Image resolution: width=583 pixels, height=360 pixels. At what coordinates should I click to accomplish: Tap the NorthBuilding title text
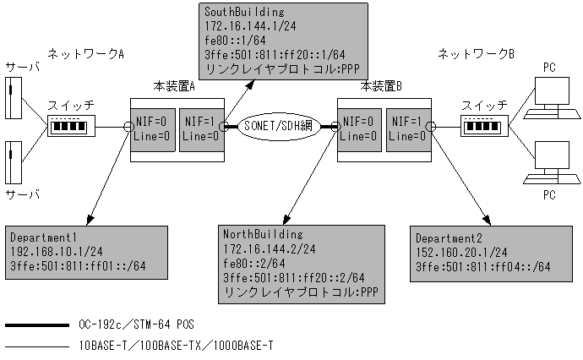(x=257, y=233)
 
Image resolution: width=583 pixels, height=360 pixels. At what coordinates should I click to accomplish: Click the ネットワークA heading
(x=85, y=54)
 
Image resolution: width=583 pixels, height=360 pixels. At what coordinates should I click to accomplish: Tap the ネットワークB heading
(x=476, y=54)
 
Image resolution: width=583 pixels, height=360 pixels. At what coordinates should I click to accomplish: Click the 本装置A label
(x=174, y=86)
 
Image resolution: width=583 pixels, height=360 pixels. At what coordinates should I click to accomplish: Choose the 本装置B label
(x=381, y=86)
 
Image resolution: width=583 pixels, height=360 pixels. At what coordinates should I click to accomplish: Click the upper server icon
(x=10, y=98)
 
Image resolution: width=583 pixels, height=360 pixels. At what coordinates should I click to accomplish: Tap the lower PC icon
(x=543, y=166)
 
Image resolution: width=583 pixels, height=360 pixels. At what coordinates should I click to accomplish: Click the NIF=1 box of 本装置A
(x=200, y=128)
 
